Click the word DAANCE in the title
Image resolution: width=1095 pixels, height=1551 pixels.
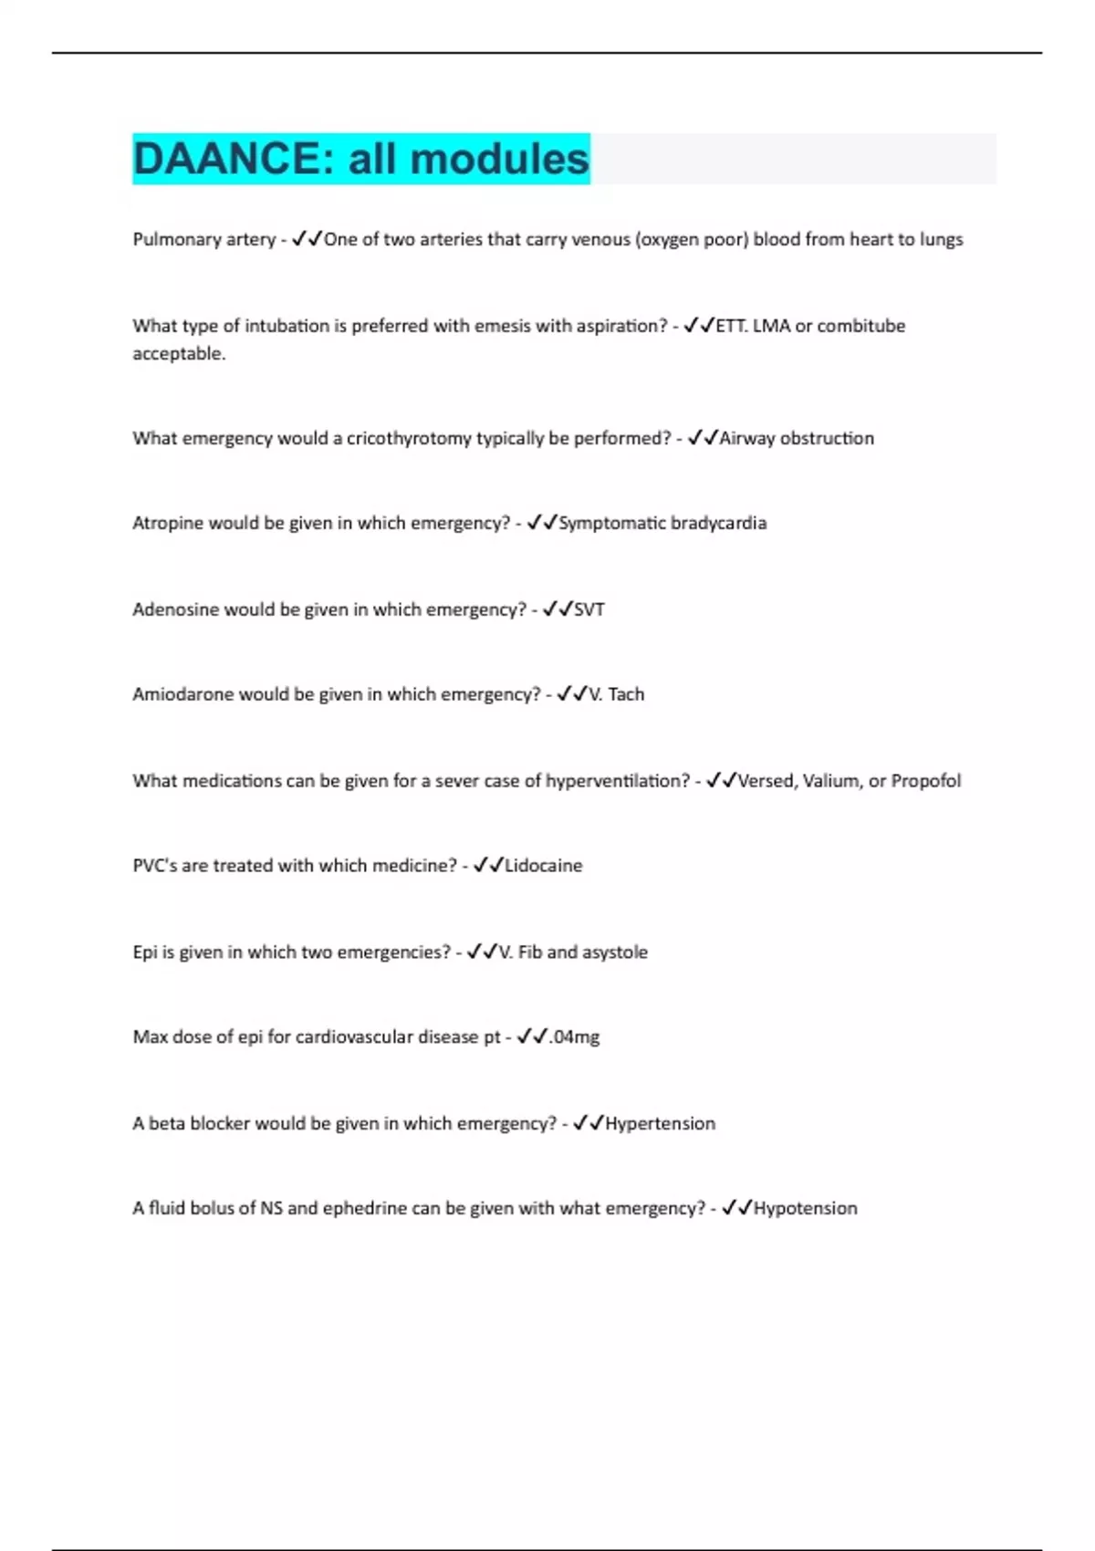click(224, 159)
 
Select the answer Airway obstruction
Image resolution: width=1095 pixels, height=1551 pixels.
click(796, 438)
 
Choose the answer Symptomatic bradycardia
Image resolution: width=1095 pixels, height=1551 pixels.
click(662, 523)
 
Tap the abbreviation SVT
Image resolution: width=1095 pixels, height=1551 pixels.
click(589, 609)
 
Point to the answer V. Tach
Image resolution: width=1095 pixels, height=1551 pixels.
click(617, 694)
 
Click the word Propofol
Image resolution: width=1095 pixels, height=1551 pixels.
click(925, 781)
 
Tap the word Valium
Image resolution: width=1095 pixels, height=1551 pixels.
click(831, 781)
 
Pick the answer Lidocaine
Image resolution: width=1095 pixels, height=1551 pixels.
click(544, 866)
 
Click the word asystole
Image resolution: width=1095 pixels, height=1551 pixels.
click(615, 952)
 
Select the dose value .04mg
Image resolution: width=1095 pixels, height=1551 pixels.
click(575, 1037)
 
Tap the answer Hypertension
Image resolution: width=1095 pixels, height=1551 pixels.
click(660, 1123)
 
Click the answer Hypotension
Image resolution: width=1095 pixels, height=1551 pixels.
click(805, 1208)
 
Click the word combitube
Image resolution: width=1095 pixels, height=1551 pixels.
click(860, 326)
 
